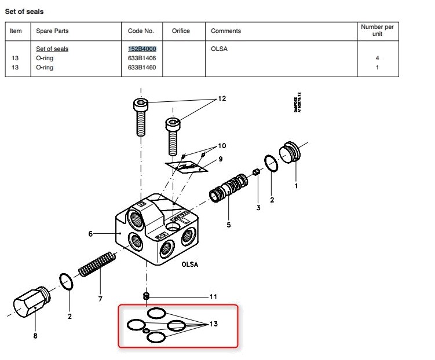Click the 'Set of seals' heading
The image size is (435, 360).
click(x=24, y=11)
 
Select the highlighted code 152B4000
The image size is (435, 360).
click(x=141, y=49)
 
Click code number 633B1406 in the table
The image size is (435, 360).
click(x=141, y=58)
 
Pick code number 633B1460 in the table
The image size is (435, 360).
click(x=141, y=67)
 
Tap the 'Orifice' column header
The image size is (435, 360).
click(x=181, y=31)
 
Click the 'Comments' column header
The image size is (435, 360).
click(x=226, y=31)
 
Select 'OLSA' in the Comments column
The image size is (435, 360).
click(x=219, y=49)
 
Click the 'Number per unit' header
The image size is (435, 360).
click(x=377, y=30)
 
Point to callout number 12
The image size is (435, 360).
click(x=222, y=98)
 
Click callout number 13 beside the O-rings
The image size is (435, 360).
click(x=214, y=324)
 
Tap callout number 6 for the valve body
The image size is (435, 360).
click(x=90, y=234)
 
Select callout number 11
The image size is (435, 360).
click(x=213, y=296)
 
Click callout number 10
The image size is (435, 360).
click(x=222, y=145)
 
